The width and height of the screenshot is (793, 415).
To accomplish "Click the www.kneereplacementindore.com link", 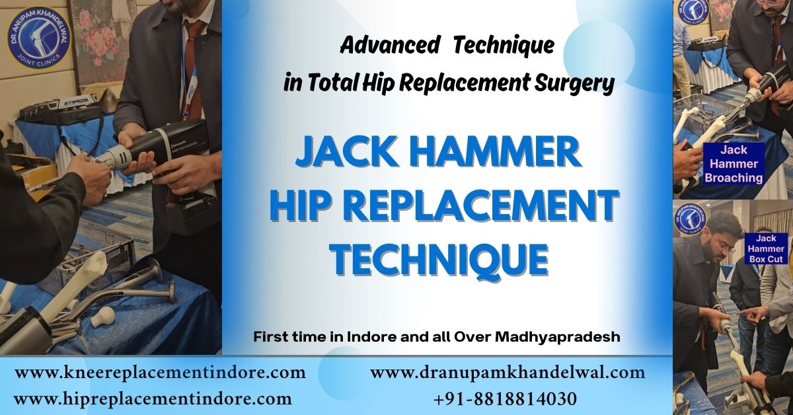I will (160, 373).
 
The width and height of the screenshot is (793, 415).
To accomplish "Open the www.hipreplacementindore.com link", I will (153, 398).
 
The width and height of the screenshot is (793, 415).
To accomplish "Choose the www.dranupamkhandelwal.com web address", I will (508, 373).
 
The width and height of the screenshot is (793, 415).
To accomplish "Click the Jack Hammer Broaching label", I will (733, 164).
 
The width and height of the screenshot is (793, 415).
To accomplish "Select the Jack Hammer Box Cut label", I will (767, 248).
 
